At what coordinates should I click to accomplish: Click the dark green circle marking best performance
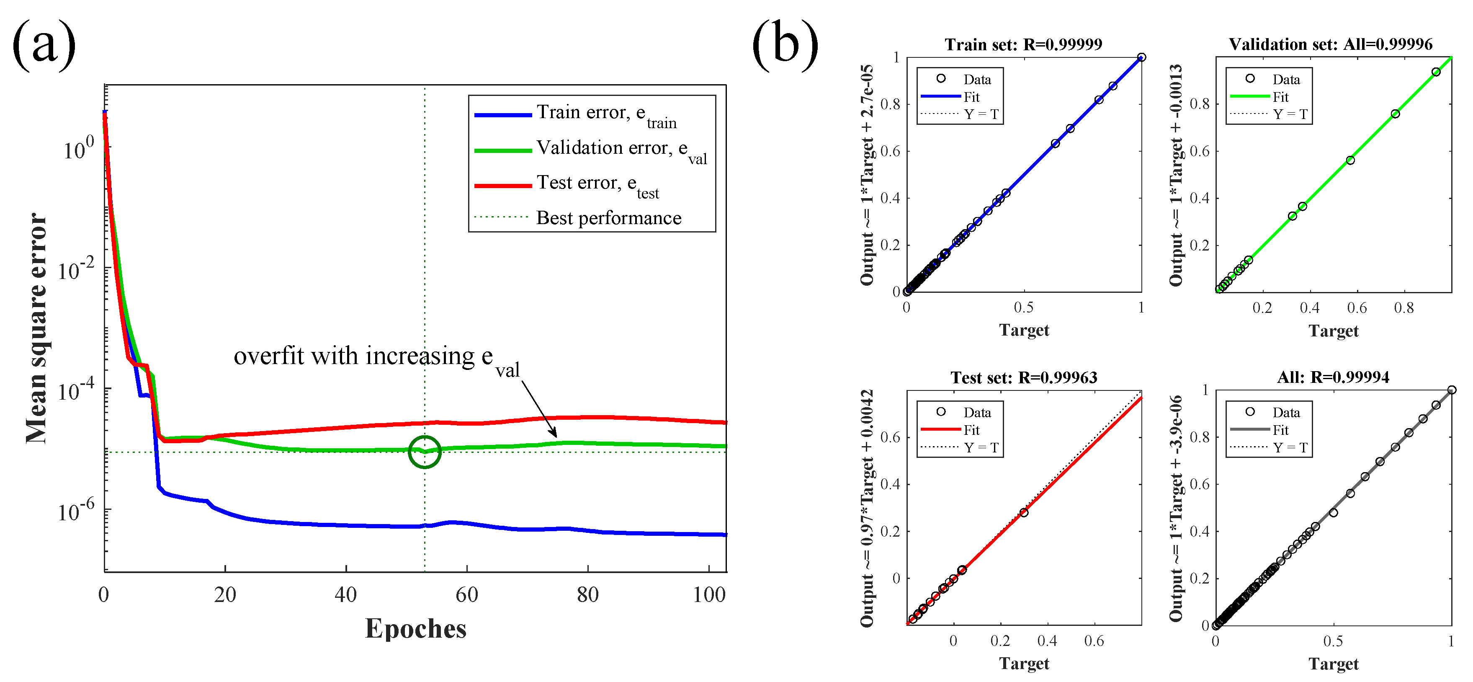[x=424, y=452]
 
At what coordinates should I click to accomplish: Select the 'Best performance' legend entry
[x=608, y=218]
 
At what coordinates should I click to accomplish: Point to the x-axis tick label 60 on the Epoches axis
[x=466, y=595]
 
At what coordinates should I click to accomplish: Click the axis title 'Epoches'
[x=416, y=628]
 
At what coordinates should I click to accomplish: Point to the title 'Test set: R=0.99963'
[x=1024, y=377]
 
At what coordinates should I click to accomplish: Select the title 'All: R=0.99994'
[x=1333, y=377]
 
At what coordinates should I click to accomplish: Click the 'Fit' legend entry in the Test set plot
[x=971, y=430]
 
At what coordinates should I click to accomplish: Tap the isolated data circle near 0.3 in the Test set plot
[x=1024, y=513]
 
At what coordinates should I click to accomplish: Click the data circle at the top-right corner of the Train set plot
[x=1141, y=57]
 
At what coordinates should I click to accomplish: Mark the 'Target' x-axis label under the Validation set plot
[x=1333, y=331]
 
